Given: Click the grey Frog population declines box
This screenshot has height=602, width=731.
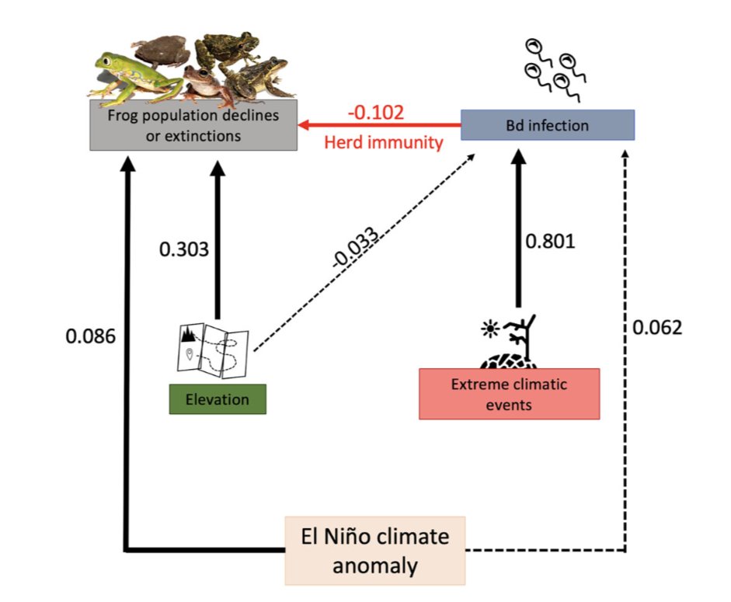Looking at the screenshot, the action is point(193,124).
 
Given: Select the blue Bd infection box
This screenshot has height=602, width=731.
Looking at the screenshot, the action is point(548,125).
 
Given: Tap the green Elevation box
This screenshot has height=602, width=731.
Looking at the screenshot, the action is point(218,400).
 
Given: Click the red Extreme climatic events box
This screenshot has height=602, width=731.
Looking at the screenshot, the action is point(509,393).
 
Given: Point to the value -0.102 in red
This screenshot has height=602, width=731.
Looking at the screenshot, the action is point(376,112).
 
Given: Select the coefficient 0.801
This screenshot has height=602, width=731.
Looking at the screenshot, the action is point(550,241).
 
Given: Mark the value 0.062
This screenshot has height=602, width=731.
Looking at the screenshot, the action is point(656,327).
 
